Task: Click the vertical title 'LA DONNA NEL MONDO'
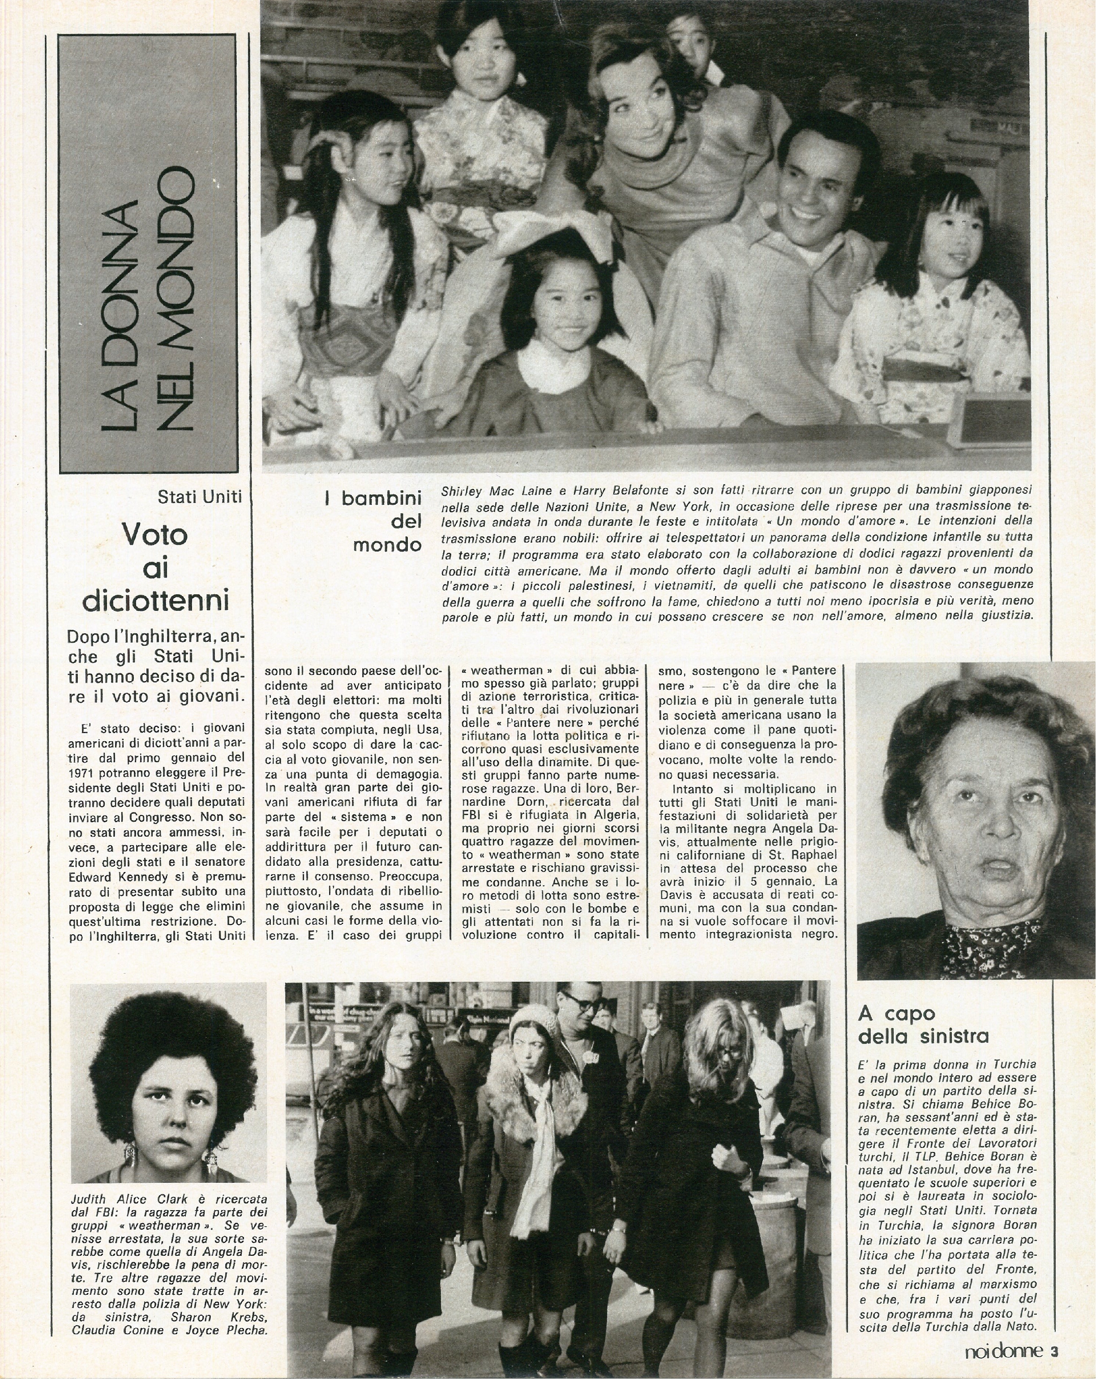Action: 148,297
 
